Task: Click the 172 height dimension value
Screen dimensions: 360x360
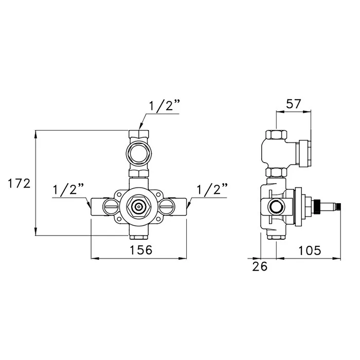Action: point(20,184)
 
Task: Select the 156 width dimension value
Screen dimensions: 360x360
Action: point(141,250)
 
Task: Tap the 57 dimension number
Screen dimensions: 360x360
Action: point(293,104)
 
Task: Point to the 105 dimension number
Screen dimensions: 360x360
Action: point(309,250)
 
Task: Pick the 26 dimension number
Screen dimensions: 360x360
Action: point(260,266)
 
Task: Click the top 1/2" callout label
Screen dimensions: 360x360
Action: point(164,106)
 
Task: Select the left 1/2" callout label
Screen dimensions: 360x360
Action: point(68,190)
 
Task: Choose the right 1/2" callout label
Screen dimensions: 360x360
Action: point(212,190)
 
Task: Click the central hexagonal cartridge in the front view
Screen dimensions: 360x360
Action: point(139,207)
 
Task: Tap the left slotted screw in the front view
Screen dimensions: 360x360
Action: point(111,207)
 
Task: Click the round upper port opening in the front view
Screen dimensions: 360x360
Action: point(139,154)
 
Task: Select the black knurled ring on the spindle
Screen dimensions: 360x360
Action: point(316,206)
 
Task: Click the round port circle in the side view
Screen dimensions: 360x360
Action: point(277,206)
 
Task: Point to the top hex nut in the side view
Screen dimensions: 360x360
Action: point(277,135)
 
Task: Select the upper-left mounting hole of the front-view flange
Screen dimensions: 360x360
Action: point(119,194)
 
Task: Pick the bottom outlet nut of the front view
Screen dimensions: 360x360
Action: point(139,237)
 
